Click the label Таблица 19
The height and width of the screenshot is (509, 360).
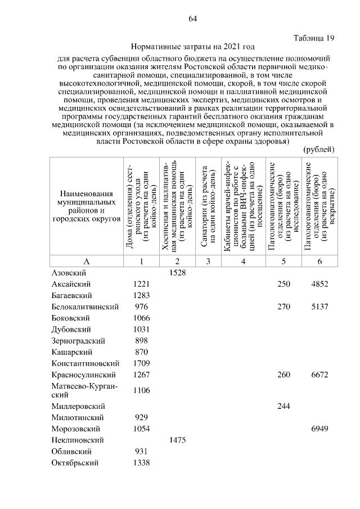click(x=314, y=38)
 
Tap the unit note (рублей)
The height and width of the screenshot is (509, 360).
click(x=319, y=150)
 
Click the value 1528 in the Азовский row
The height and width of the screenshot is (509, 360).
click(x=178, y=272)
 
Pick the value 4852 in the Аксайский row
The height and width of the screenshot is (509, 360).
click(x=319, y=284)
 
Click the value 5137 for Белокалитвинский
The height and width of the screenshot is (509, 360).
click(x=319, y=307)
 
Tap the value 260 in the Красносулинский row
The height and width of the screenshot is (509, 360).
click(x=283, y=375)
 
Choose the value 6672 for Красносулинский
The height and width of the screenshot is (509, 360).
click(x=319, y=375)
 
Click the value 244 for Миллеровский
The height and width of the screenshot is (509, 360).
click(x=283, y=406)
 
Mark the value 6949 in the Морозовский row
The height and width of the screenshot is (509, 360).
click(x=319, y=429)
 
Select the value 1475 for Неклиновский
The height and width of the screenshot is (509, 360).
click(x=178, y=440)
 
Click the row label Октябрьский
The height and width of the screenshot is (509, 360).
click(x=75, y=463)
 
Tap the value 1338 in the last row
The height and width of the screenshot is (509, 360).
click(x=141, y=463)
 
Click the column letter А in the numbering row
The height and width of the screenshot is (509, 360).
click(x=87, y=261)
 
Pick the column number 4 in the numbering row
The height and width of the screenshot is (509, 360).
click(x=243, y=261)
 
